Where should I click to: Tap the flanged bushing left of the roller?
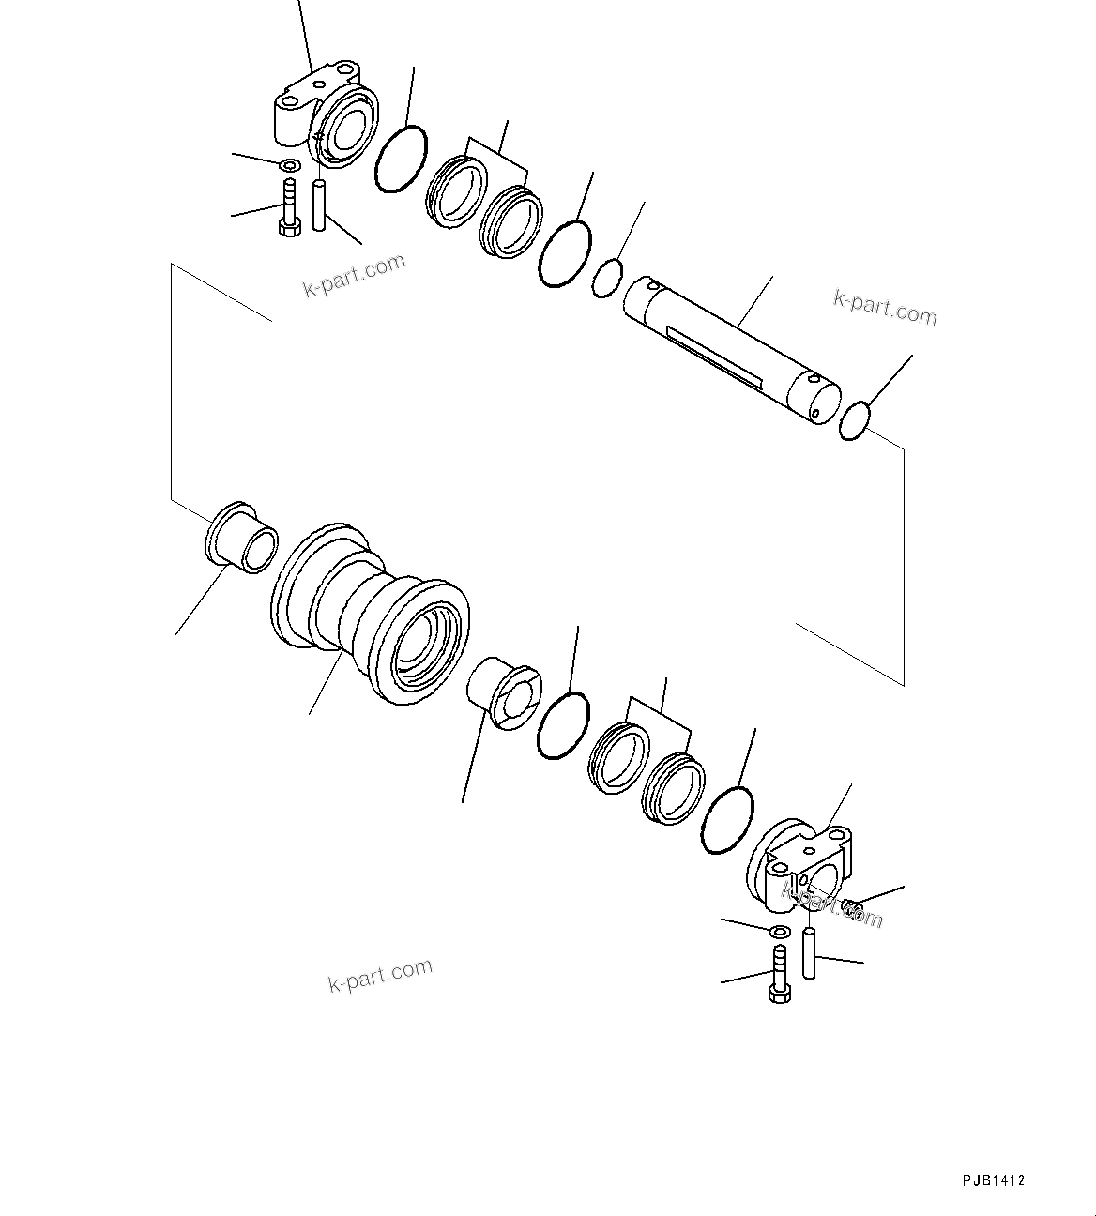[x=242, y=539]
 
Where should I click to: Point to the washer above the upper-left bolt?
[x=290, y=167]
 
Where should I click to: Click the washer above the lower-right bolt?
[x=778, y=932]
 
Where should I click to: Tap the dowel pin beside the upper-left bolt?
[x=319, y=206]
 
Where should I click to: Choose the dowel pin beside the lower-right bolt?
[x=809, y=952]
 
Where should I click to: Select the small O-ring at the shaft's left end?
[x=607, y=278]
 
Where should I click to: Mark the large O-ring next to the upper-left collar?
[x=401, y=160]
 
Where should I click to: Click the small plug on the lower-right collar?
[x=851, y=905]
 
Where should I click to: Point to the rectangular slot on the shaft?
[x=713, y=352]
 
